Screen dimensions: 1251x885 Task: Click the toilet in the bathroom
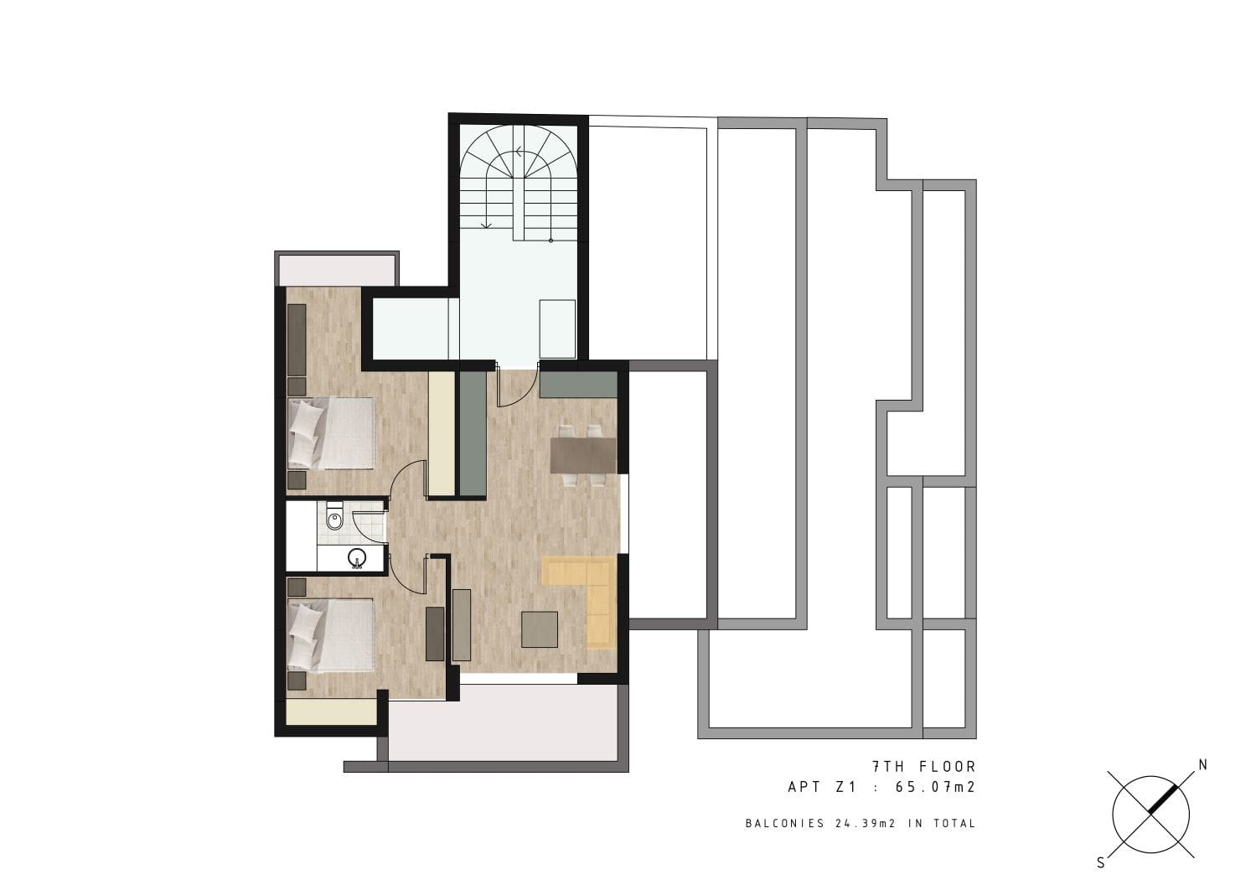[x=334, y=519]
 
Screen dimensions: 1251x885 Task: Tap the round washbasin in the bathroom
[x=357, y=557]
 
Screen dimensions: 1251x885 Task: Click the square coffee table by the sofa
[x=540, y=629]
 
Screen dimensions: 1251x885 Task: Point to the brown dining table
[x=583, y=455]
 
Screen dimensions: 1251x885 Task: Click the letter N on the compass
[x=1202, y=765]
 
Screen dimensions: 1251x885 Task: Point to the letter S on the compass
[x=1101, y=863]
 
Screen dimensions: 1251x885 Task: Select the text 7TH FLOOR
[x=923, y=766]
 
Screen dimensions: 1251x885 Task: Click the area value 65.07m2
[x=935, y=787]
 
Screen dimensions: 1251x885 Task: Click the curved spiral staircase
[x=519, y=184]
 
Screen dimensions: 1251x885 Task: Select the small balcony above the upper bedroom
[x=336, y=268]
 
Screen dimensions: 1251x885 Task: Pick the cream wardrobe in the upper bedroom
[x=442, y=433]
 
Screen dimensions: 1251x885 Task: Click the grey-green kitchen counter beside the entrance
[x=473, y=433]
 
